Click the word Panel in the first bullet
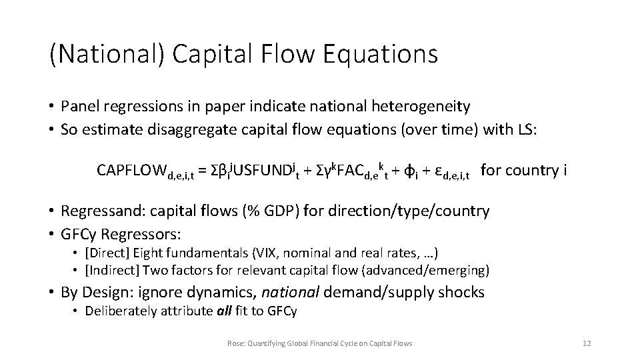pos(78,106)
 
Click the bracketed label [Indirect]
pos(110,269)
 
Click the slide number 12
pos(587,343)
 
